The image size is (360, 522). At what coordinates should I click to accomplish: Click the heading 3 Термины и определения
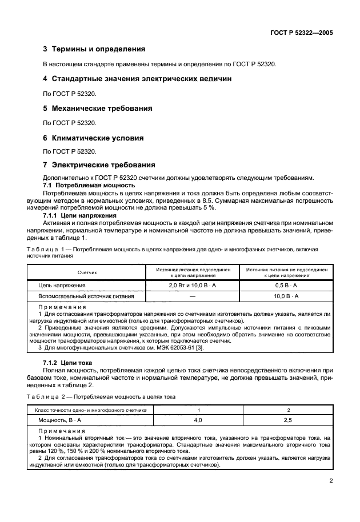pos(94,49)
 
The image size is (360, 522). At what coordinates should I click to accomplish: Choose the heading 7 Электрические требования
pos(99,165)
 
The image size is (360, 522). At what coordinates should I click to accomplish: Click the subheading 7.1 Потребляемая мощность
pos(89,186)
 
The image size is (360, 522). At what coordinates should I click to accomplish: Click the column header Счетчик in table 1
pos(87,272)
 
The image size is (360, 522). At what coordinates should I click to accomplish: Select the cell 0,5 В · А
pos(286,284)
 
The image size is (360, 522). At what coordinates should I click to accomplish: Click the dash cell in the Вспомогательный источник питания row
pos(192,296)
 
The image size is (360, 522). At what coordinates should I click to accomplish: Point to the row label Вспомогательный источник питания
pos(86,296)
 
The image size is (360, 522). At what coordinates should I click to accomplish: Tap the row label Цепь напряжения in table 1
pos(62,284)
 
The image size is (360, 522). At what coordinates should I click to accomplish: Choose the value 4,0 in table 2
pos(198,420)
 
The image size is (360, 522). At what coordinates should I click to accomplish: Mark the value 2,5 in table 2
pos(289,420)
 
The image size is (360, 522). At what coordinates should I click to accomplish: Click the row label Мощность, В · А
pos(59,420)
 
